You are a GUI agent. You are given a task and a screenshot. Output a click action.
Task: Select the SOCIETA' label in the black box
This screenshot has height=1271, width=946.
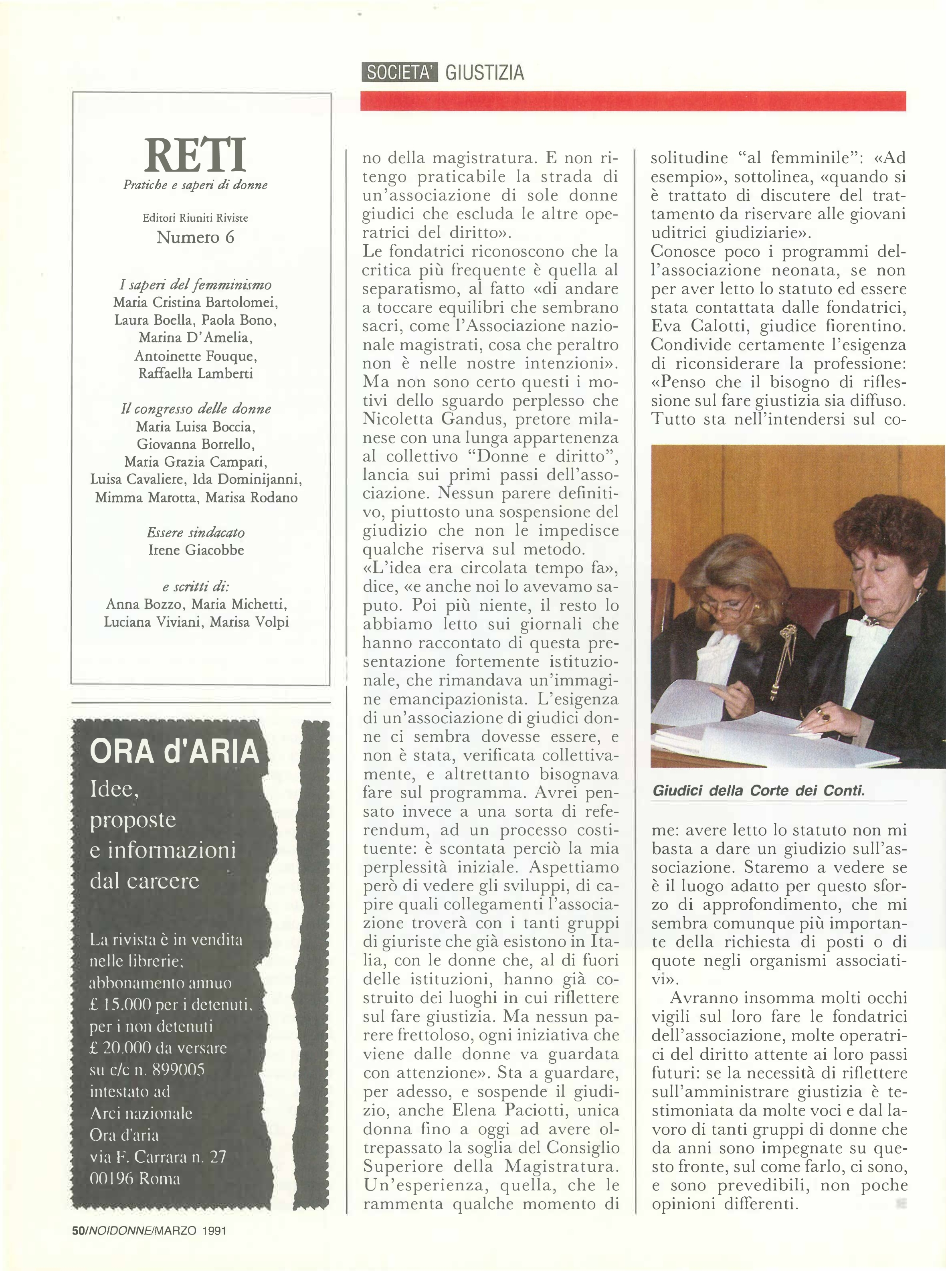pos(400,73)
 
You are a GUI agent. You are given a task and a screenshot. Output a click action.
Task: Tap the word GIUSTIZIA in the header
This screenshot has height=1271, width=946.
pos(485,73)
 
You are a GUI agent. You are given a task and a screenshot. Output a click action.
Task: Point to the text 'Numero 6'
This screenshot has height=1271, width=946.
pos(195,237)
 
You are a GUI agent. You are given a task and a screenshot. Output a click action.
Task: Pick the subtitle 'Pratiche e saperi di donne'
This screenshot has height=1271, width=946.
pos(195,185)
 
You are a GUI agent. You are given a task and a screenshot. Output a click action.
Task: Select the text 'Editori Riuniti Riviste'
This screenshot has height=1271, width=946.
pos(195,218)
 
